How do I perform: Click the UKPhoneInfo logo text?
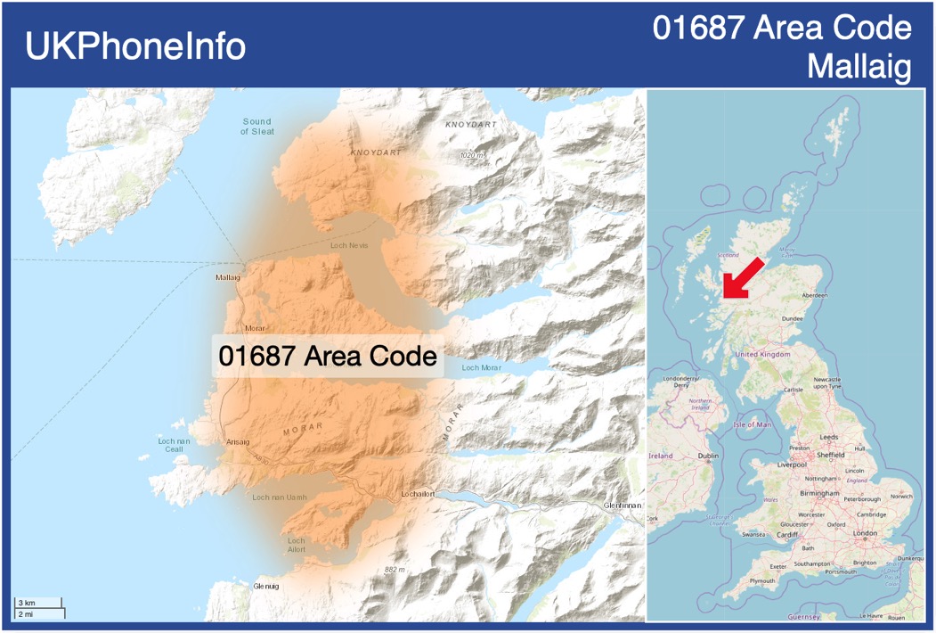135,46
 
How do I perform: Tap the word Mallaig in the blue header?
859,67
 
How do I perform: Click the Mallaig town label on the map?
228,277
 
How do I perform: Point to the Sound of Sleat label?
257,127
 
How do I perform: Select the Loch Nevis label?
349,245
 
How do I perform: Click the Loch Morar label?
482,367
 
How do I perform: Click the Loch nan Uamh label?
280,497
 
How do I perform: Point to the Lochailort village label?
418,493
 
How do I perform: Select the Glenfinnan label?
622,505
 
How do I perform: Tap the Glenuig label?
265,586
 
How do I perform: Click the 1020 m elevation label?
473,155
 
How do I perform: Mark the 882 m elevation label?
395,570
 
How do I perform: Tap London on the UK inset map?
865,533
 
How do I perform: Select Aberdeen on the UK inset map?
814,294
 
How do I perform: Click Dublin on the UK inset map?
708,456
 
